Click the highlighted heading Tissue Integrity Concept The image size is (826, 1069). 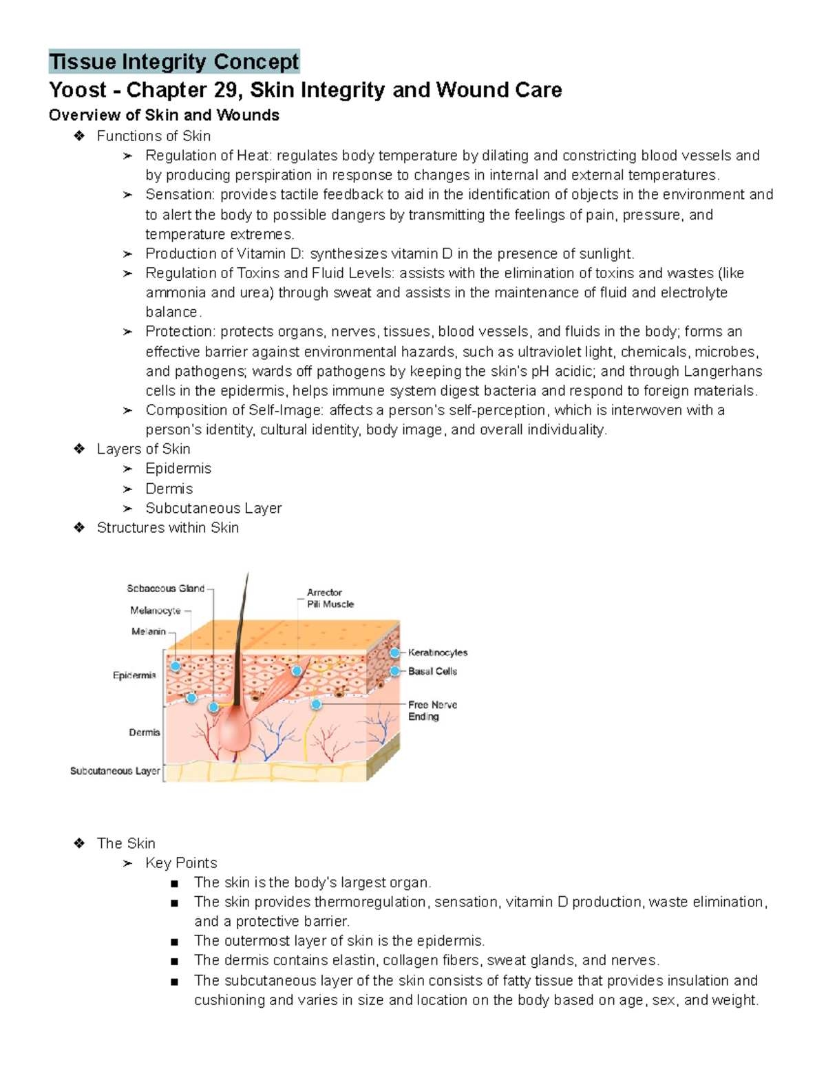174,62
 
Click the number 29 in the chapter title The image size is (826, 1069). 229,90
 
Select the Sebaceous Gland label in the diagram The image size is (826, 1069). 165,589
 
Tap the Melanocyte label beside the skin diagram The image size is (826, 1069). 156,611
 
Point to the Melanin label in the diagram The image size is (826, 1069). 149,631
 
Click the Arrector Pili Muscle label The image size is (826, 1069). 330,598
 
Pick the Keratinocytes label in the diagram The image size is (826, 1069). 437,653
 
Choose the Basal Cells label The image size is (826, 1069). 432,671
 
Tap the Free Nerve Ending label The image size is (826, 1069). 432,710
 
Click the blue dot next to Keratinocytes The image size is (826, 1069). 394,653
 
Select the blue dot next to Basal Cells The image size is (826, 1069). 394,671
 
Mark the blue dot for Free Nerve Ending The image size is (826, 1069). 317,704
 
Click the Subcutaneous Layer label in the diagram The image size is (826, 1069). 115,771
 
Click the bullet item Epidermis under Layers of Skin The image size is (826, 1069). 178,468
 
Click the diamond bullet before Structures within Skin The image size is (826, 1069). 78,527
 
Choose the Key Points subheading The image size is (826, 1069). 181,863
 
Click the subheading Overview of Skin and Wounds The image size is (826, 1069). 164,115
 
